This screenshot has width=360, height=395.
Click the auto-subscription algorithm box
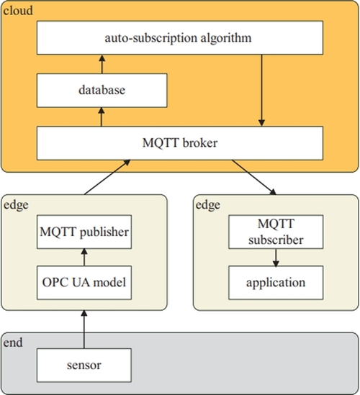(180, 38)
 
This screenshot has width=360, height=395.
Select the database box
(102, 91)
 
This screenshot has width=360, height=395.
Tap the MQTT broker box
(180, 143)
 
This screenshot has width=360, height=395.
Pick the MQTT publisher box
(84, 232)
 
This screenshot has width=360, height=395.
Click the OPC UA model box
(84, 283)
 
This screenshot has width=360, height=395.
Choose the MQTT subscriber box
(276, 232)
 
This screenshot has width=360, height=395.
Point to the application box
(276, 283)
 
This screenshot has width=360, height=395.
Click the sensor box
(84, 366)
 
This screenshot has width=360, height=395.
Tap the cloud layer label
(18, 11)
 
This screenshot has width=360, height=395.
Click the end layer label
(13, 342)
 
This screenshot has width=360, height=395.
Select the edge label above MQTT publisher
(16, 205)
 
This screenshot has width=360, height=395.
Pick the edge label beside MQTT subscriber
(208, 205)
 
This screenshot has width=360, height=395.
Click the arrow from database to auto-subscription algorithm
(102, 64)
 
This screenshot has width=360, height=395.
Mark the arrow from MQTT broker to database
(102, 117)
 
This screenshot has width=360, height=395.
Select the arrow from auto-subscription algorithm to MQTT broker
(261, 91)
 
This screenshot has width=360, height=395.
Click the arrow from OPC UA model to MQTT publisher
(84, 257)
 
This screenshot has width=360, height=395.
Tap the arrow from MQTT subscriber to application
(276, 258)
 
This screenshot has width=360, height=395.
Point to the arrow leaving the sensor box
(84, 330)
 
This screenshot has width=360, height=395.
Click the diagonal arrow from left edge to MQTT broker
(107, 177)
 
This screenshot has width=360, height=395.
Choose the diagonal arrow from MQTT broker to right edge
(254, 177)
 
